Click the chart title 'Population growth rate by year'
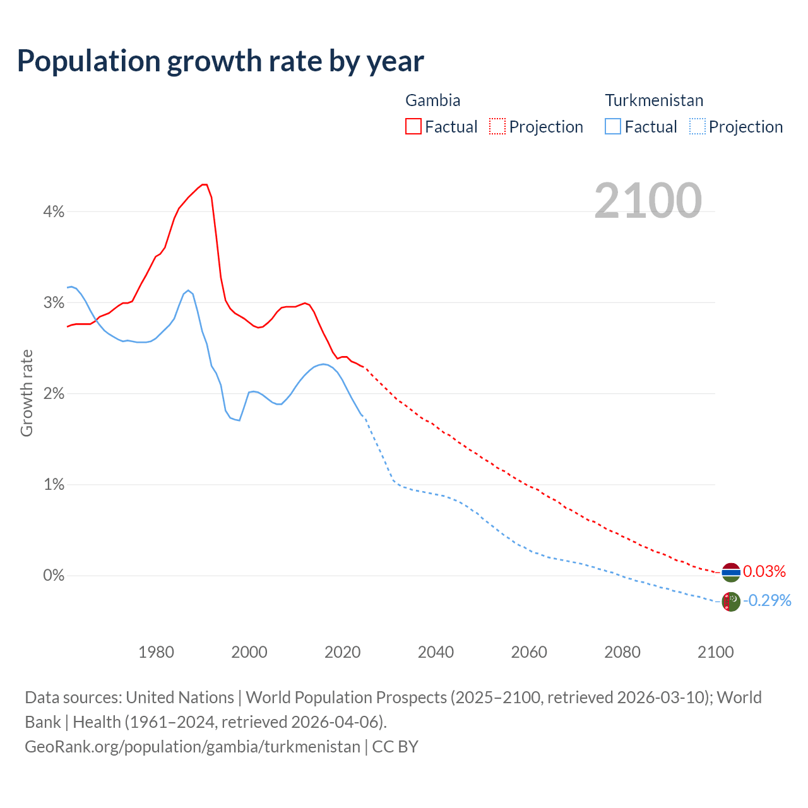tap(220, 61)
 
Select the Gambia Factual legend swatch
tap(413, 126)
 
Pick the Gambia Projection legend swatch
tap(497, 126)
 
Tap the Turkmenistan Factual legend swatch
tap(612, 126)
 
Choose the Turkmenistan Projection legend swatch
tap(697, 126)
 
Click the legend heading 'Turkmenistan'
tap(654, 100)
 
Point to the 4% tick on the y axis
tap(54, 212)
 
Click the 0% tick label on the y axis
tap(54, 576)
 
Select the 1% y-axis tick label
tap(54, 485)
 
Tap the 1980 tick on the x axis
tap(156, 652)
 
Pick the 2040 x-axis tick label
tap(436, 652)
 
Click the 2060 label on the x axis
tap(529, 652)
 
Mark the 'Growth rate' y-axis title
tap(27, 393)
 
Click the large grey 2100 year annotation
tap(648, 201)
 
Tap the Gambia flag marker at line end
tap(730, 572)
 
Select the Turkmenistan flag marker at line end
tap(730, 602)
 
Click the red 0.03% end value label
tap(764, 572)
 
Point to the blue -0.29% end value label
tap(767, 600)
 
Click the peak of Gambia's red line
tap(204, 184)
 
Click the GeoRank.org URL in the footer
tap(192, 747)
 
